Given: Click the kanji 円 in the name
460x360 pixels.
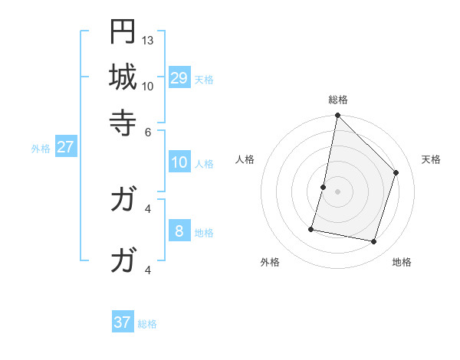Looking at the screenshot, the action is click(x=123, y=32).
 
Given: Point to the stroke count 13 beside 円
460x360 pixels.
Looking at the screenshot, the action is click(x=148, y=41).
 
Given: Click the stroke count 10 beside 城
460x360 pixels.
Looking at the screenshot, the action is click(x=148, y=86).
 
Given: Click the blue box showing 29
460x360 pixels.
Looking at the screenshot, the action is click(x=179, y=77).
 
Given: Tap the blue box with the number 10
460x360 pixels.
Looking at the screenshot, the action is click(x=179, y=162).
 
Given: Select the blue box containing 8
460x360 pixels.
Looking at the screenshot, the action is click(x=179, y=231).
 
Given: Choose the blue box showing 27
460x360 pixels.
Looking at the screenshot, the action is click(x=65, y=147).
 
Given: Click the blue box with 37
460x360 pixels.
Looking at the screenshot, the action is click(x=123, y=322).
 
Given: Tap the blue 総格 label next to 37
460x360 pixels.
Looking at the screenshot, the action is click(x=147, y=324).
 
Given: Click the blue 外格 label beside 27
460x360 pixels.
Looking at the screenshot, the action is click(x=41, y=149).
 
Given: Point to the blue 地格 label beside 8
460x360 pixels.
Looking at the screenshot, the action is click(x=205, y=233).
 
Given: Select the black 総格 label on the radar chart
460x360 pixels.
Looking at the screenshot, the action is click(x=337, y=100).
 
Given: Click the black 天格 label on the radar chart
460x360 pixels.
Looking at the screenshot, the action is click(x=432, y=159).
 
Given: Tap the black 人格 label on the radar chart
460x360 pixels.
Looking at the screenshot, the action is click(x=245, y=159).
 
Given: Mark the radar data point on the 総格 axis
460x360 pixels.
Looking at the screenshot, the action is click(x=337, y=116).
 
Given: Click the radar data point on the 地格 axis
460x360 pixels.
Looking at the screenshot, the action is click(x=374, y=242).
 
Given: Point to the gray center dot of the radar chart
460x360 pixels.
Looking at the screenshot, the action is click(x=337, y=191).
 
